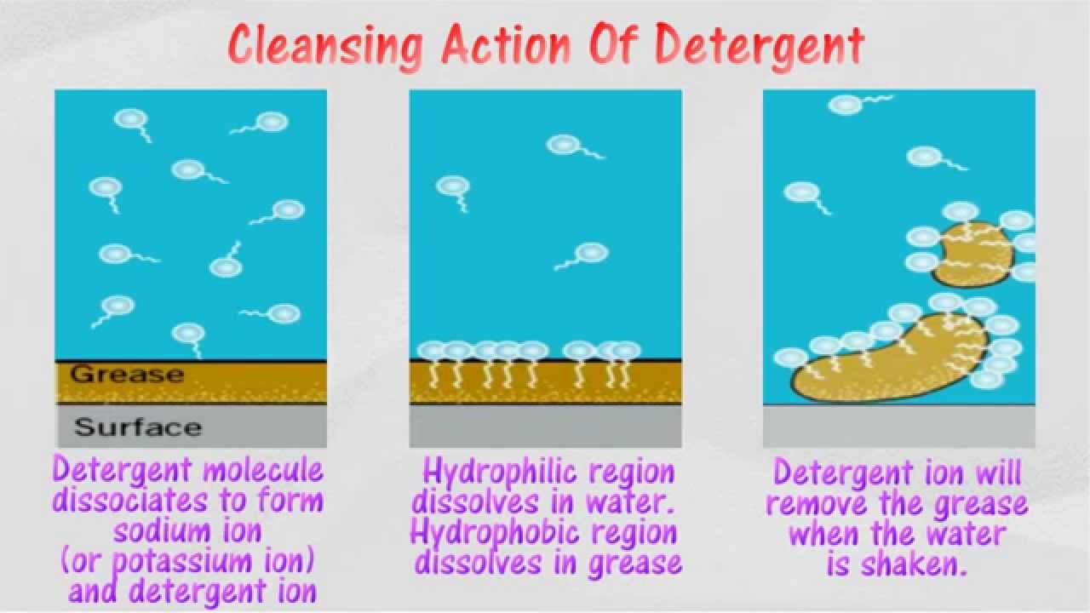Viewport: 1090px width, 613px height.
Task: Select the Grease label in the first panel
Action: (x=127, y=374)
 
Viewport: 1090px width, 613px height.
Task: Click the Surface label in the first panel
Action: (x=138, y=427)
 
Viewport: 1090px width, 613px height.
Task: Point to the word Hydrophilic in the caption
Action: (x=548, y=471)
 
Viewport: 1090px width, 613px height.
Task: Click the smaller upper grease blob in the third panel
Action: (x=972, y=255)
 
